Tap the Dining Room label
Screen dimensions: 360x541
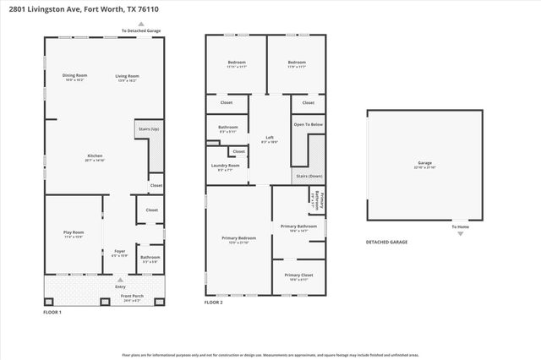click(74, 76)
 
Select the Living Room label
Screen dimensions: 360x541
click(128, 76)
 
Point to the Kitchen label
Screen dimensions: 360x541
click(95, 156)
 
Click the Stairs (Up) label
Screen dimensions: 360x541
click(149, 128)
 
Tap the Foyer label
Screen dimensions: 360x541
click(119, 251)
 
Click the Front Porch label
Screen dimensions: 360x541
click(131, 297)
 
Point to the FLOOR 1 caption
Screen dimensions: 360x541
click(52, 313)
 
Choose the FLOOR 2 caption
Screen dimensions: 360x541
click(214, 303)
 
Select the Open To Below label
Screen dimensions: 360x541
click(309, 124)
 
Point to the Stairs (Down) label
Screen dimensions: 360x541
click(308, 177)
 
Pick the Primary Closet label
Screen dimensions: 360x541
click(298, 275)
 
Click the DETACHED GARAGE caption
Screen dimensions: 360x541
click(386, 242)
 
